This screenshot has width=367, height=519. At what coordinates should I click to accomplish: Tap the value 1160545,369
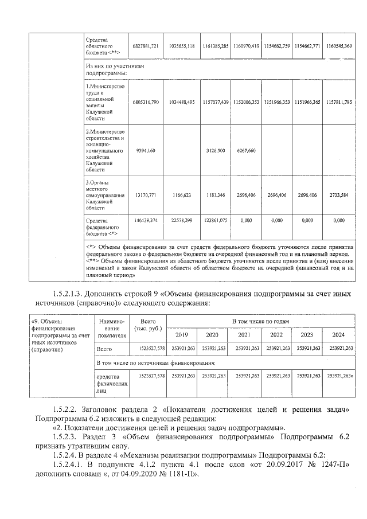(339, 45)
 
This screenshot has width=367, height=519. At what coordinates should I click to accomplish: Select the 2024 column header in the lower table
(338, 335)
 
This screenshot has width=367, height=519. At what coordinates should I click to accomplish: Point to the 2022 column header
(276, 335)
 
